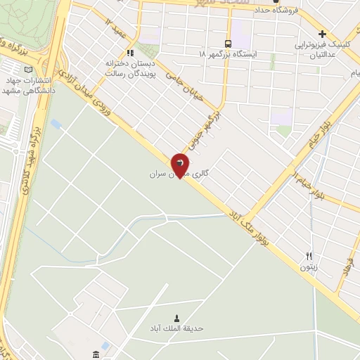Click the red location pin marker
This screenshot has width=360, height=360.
tap(180, 165)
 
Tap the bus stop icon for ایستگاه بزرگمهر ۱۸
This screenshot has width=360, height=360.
tap(226, 42)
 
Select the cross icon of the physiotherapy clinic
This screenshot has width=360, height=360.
tap(322, 34)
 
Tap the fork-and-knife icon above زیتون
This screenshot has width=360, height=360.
tap(309, 256)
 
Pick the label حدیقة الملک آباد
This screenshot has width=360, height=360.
tap(176, 328)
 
